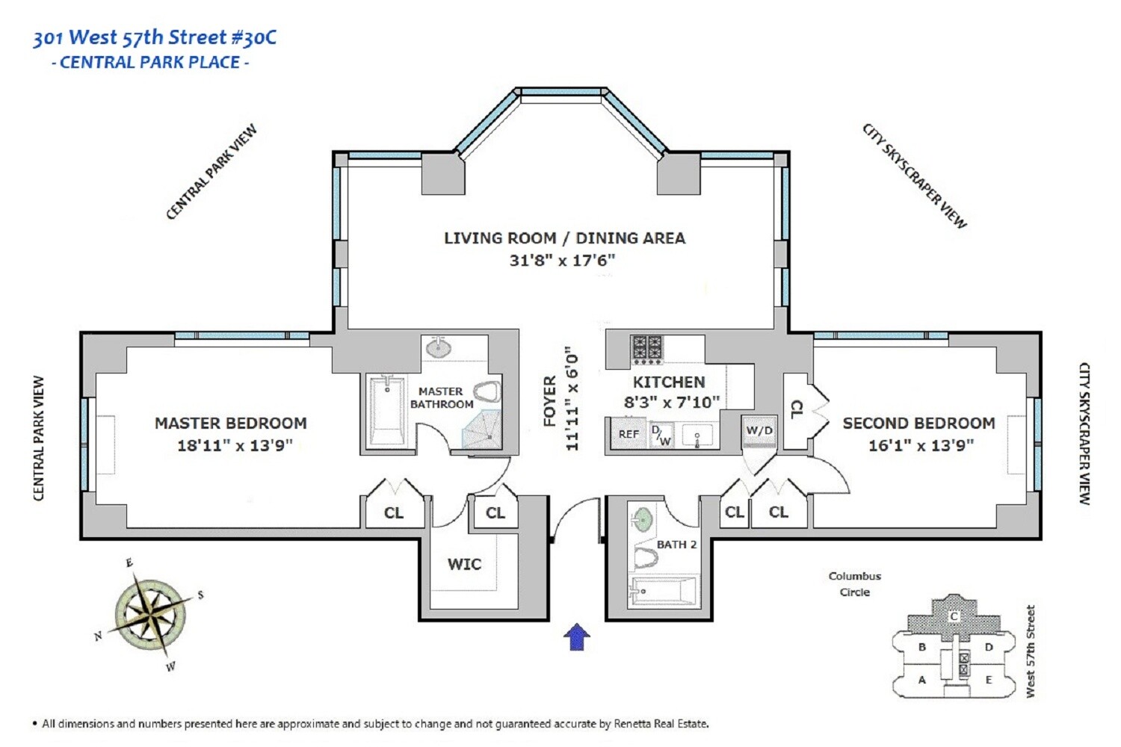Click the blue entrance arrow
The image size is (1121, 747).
(x=576, y=636)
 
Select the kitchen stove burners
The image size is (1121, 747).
(x=646, y=349)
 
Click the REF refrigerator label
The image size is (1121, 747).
(x=629, y=434)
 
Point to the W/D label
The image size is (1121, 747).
(x=759, y=431)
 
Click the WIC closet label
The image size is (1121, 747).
(x=464, y=564)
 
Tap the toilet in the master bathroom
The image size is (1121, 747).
(x=487, y=392)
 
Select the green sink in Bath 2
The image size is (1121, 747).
(x=642, y=518)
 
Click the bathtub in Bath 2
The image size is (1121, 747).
(x=664, y=591)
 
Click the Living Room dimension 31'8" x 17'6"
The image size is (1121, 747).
(x=562, y=260)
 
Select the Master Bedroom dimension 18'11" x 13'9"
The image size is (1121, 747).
(x=234, y=445)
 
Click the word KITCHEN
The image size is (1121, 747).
(x=669, y=382)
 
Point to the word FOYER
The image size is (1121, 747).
(x=550, y=401)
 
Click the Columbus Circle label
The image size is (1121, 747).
(x=854, y=584)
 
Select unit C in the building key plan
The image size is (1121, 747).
(x=954, y=616)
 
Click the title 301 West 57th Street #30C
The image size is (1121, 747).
(x=155, y=37)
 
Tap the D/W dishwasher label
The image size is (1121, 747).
(x=661, y=435)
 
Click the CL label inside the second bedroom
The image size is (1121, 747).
(x=797, y=409)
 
